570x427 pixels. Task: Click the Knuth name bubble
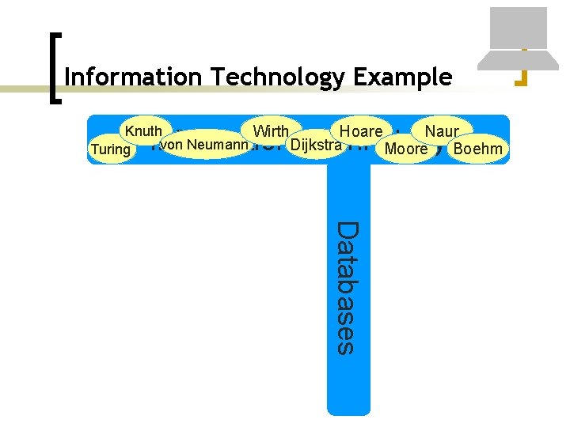[x=142, y=130]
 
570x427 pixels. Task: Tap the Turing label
[x=111, y=149]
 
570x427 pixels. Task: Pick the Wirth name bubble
[x=270, y=131]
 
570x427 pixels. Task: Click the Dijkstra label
[x=316, y=145]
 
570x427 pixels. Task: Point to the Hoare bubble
[x=360, y=131]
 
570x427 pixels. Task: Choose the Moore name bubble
[x=405, y=149]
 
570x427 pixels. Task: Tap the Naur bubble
[x=442, y=131]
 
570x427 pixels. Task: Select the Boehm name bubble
[x=477, y=149]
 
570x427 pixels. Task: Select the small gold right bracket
[x=521, y=68]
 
